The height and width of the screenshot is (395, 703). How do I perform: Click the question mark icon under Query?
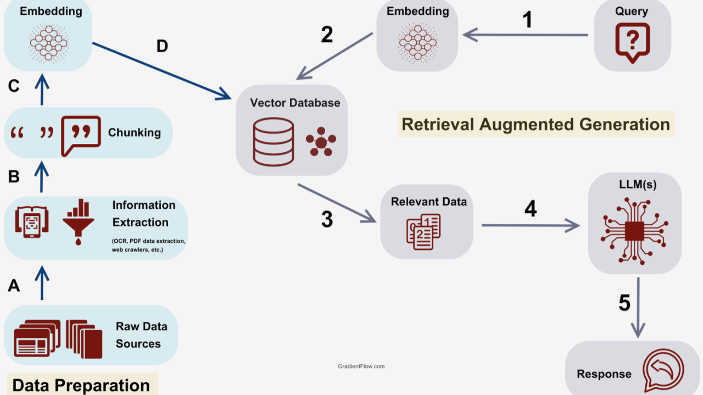pyautogui.click(x=632, y=42)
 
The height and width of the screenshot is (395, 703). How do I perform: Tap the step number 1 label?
pyautogui.click(x=527, y=20)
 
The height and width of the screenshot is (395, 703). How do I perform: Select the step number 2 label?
pyautogui.click(x=327, y=34)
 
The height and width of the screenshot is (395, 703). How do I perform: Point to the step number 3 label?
pyautogui.click(x=327, y=219)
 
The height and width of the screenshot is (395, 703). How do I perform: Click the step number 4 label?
pyautogui.click(x=530, y=209)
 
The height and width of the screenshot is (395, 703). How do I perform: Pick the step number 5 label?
pyautogui.click(x=624, y=303)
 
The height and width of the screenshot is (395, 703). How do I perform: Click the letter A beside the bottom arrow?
pyautogui.click(x=14, y=285)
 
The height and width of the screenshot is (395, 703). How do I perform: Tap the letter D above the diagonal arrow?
pyautogui.click(x=161, y=46)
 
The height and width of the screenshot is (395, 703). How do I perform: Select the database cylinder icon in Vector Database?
pyautogui.click(x=273, y=142)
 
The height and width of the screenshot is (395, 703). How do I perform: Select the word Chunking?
pyautogui.click(x=135, y=132)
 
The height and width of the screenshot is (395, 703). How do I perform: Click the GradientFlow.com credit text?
pyautogui.click(x=361, y=366)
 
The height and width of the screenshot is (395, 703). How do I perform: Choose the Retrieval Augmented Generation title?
pyautogui.click(x=535, y=124)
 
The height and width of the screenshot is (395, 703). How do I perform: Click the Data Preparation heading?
pyautogui.click(x=81, y=385)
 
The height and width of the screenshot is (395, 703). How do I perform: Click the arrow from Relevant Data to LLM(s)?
pyautogui.click(x=530, y=225)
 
